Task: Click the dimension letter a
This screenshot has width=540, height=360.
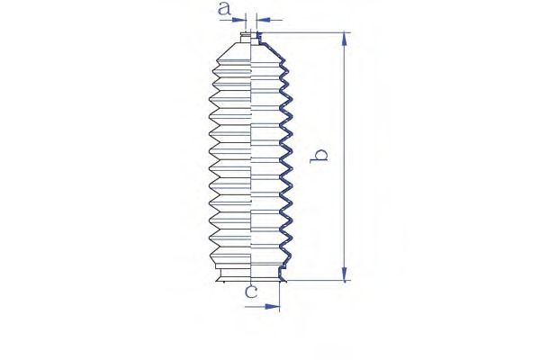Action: click(x=224, y=8)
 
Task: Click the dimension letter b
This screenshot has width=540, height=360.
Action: click(x=319, y=156)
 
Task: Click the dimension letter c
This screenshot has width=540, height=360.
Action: click(x=251, y=292)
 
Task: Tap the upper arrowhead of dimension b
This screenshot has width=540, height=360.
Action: click(x=344, y=39)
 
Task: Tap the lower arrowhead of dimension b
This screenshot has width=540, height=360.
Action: click(x=344, y=274)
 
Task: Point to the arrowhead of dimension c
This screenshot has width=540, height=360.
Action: click(x=272, y=306)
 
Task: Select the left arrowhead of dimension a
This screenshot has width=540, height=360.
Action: click(x=239, y=20)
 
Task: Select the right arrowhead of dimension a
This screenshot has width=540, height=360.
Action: click(x=264, y=20)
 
